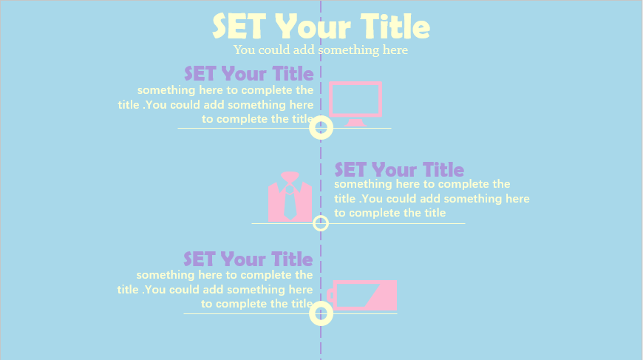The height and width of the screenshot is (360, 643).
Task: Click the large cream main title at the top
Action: pos(321,26)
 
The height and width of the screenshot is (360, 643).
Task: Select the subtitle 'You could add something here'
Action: pos(321,50)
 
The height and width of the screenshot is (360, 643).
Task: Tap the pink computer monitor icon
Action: pos(355,103)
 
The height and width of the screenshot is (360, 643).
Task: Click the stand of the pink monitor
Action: pos(355,123)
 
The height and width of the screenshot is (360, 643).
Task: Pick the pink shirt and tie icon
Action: pos(290,197)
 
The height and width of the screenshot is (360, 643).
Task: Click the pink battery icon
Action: pos(361,295)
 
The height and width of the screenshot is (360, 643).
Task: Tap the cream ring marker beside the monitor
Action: pos(321,128)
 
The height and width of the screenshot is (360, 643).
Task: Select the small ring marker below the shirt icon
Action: pos(321,223)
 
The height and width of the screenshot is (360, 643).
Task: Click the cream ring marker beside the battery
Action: pos(321,313)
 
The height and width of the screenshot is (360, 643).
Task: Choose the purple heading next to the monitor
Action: pos(249,74)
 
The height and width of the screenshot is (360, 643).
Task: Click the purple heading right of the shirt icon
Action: pos(399,170)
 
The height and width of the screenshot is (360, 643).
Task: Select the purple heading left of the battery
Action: pos(248,259)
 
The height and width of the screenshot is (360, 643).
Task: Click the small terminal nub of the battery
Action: pos(330,295)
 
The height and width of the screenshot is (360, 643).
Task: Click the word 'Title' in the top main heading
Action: pos(395,26)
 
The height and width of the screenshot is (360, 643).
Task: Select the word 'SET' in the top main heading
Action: pos(239,26)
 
